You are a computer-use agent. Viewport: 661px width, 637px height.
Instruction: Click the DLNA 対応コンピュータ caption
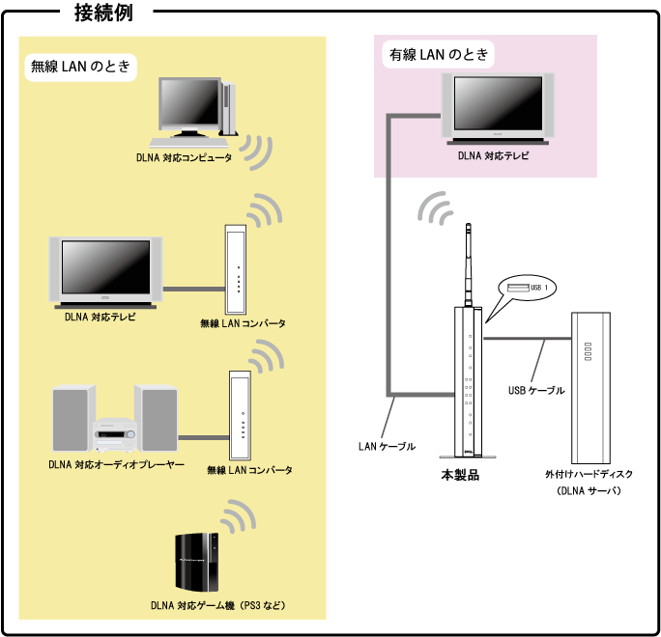pos(184,157)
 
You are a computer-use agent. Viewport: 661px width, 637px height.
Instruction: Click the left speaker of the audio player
pos(73,419)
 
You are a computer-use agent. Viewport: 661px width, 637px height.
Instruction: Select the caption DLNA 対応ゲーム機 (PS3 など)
pos(219,606)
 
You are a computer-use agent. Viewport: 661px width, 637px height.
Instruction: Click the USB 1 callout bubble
pos(527,288)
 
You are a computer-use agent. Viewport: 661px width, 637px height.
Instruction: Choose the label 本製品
pos(460,475)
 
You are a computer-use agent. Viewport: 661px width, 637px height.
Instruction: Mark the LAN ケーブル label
pos(387,446)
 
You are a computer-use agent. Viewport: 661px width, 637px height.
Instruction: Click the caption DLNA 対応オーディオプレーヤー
pos(116,464)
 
